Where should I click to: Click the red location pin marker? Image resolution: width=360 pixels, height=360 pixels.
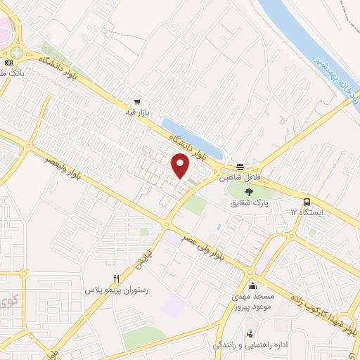coord(181,166)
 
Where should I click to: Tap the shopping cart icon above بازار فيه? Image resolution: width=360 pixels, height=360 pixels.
coord(137,101)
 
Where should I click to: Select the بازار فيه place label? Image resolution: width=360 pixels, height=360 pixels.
coord(137,112)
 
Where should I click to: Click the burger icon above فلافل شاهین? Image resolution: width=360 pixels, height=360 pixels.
coord(240,167)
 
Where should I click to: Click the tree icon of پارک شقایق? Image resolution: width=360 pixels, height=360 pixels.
coord(247,191)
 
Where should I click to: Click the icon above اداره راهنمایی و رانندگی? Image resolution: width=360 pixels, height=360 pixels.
coord(249,334)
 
